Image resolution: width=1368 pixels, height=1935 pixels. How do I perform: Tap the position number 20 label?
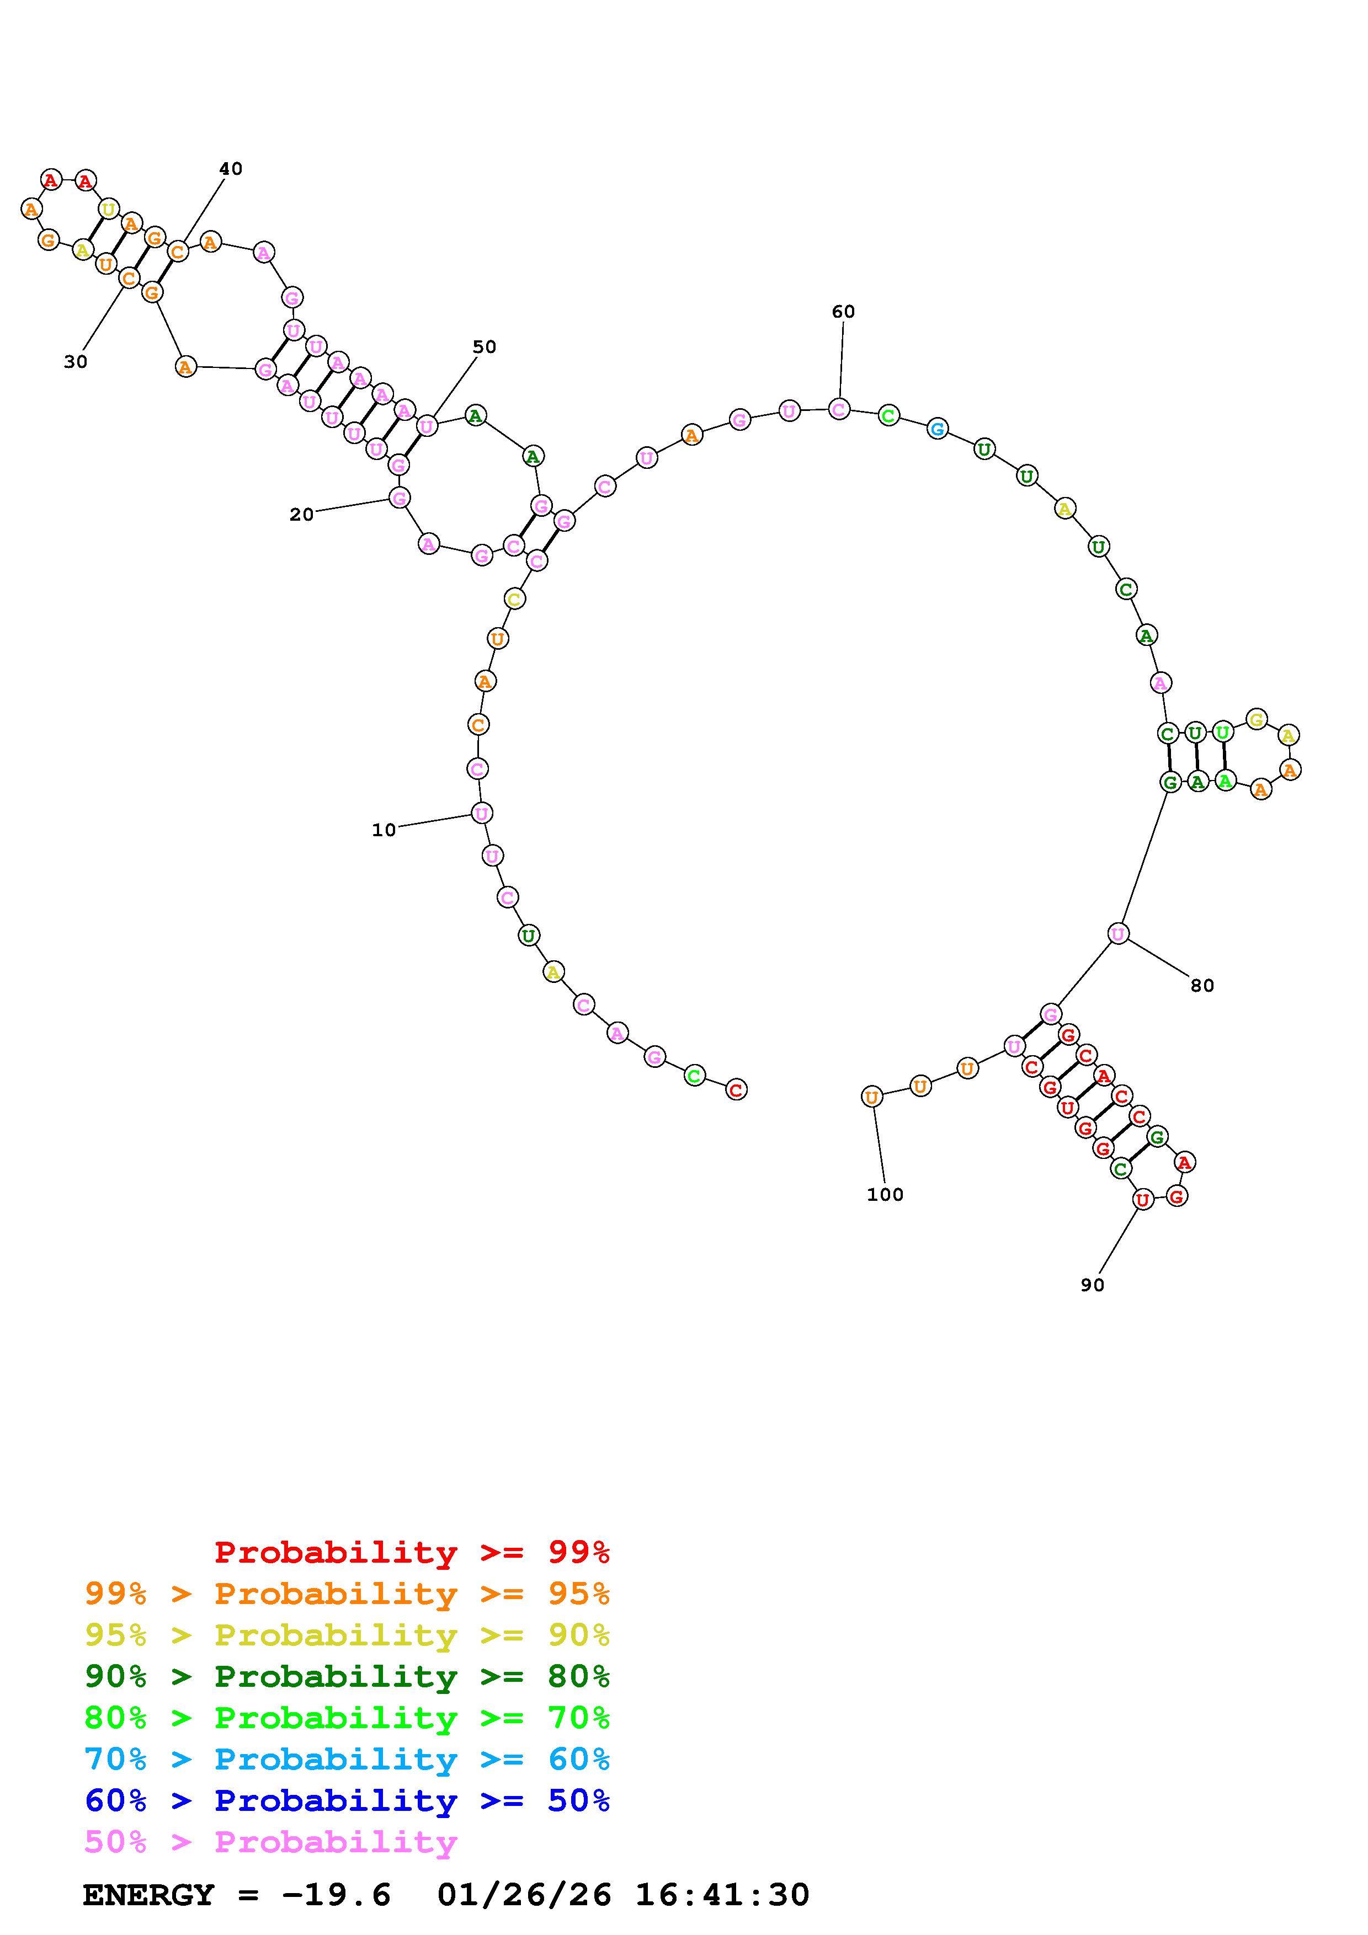pyautogui.click(x=301, y=514)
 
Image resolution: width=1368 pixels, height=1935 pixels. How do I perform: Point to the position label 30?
pyautogui.click(x=75, y=361)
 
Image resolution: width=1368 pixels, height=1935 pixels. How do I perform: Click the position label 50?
pyautogui.click(x=484, y=346)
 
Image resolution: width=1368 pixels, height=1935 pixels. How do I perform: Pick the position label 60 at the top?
pyautogui.click(x=843, y=312)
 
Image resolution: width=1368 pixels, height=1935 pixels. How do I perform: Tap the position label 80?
pyautogui.click(x=1202, y=985)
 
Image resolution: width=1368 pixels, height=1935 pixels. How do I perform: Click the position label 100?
pyautogui.click(x=885, y=1194)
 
